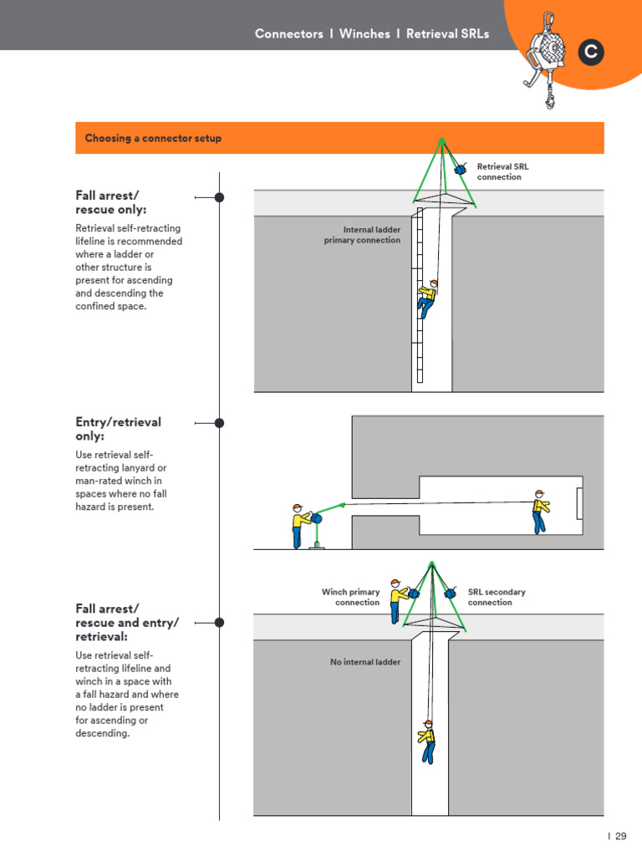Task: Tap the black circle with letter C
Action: (x=591, y=52)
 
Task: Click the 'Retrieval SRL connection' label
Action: (x=502, y=171)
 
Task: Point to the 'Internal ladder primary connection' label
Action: (x=362, y=235)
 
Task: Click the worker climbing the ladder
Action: (x=428, y=298)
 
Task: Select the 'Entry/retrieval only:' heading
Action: (x=118, y=429)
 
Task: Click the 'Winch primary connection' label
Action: (x=351, y=597)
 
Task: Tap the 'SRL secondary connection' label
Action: (x=497, y=597)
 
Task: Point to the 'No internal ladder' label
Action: (x=365, y=662)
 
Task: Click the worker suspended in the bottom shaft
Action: (x=427, y=741)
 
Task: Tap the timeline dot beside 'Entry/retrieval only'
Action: (x=219, y=423)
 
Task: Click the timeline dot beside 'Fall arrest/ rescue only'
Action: (x=219, y=197)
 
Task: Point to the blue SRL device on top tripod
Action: (x=460, y=170)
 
